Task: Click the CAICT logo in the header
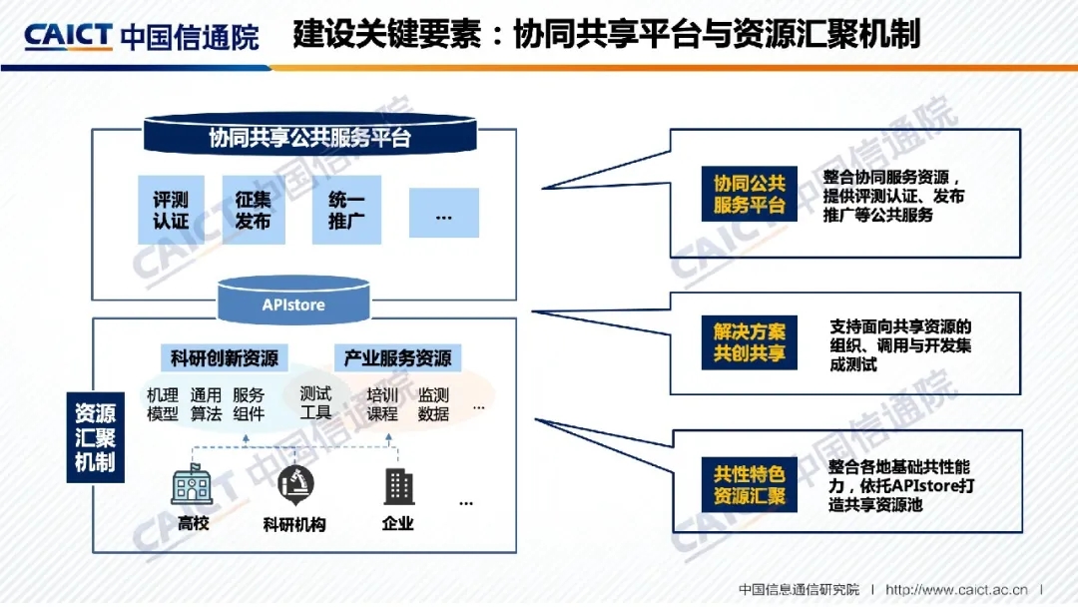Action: (69, 35)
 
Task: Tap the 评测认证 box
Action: (171, 211)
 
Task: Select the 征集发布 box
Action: (254, 211)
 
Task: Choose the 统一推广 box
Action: (346, 211)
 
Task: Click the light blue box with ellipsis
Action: (443, 213)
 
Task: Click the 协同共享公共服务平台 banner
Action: (309, 137)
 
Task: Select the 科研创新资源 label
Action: (224, 357)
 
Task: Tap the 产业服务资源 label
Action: (397, 357)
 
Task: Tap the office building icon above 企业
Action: (398, 486)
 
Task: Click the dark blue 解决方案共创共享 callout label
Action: (749, 342)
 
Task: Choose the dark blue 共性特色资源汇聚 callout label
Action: (749, 484)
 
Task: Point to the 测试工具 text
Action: (315, 403)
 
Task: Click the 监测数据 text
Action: (433, 403)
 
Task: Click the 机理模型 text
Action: (163, 404)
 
